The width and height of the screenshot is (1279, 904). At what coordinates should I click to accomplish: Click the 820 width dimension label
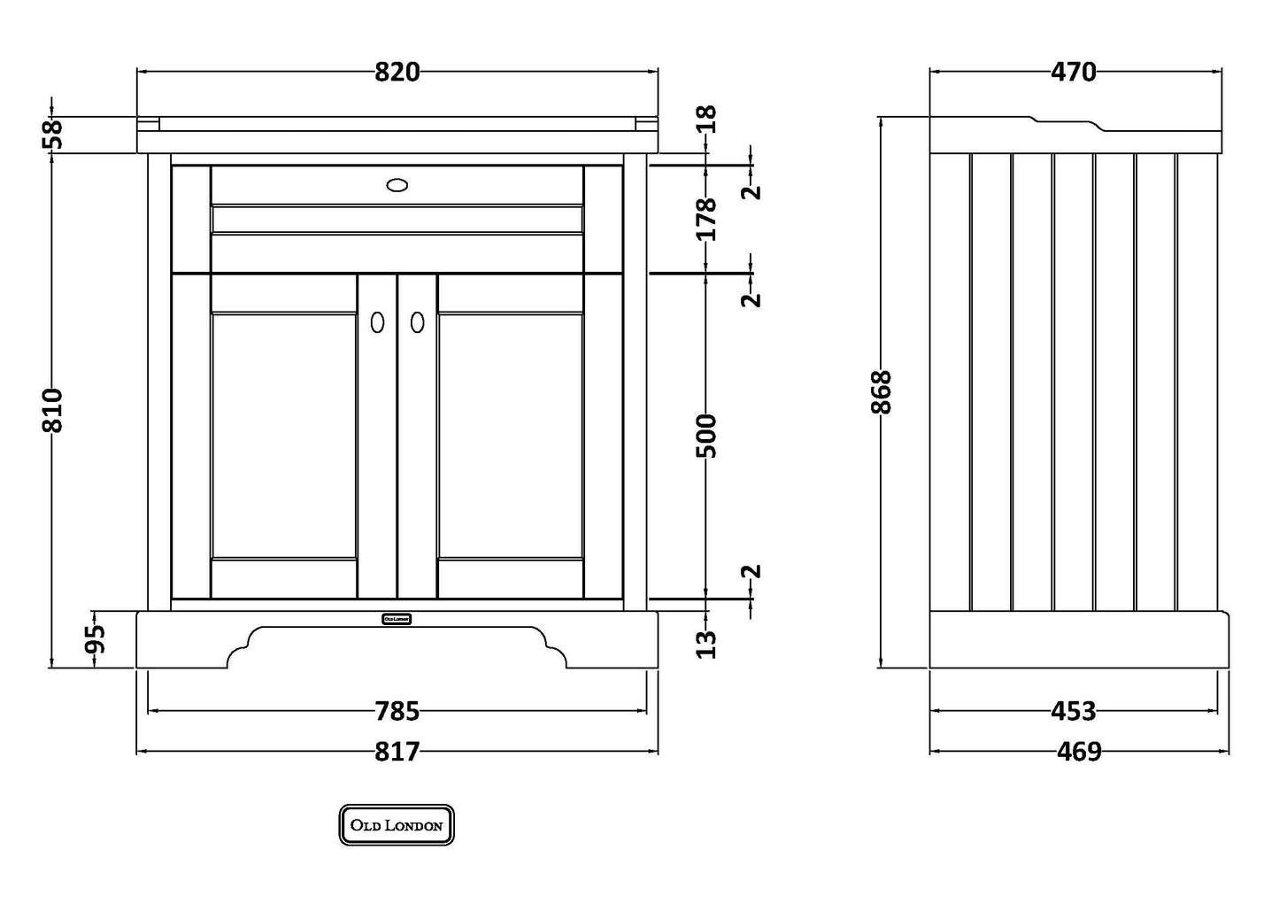pos(397,72)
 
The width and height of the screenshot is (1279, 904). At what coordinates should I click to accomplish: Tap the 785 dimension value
pos(397,710)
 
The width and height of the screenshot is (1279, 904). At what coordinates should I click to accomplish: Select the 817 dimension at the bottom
pos(397,752)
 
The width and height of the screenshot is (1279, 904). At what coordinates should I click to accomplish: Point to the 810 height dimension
pos(53,409)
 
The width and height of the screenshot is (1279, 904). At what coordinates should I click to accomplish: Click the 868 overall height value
pos(882,391)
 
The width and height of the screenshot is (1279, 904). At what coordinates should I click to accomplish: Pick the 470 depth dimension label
pos(1074,72)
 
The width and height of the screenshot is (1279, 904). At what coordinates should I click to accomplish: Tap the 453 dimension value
pos(1074,710)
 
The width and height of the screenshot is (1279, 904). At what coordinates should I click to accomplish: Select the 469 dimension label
pos(1079,752)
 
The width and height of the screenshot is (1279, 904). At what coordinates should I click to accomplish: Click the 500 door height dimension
pos(706,435)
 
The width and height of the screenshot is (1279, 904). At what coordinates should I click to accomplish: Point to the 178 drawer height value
pos(706,219)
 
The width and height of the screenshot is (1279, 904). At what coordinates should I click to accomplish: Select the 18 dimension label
pos(706,119)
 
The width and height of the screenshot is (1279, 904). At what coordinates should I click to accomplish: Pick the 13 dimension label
pos(706,644)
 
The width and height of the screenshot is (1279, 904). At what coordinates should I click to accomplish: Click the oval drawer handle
pos(397,185)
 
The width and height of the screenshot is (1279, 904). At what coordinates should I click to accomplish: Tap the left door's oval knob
pos(378,322)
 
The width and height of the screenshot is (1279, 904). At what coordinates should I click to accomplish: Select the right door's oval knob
pos(418,322)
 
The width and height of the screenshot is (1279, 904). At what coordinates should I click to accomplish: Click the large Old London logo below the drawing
pos(397,825)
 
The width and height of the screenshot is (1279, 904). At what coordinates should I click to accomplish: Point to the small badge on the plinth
pos(397,619)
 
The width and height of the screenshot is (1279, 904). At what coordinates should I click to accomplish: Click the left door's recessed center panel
pos(284,435)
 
